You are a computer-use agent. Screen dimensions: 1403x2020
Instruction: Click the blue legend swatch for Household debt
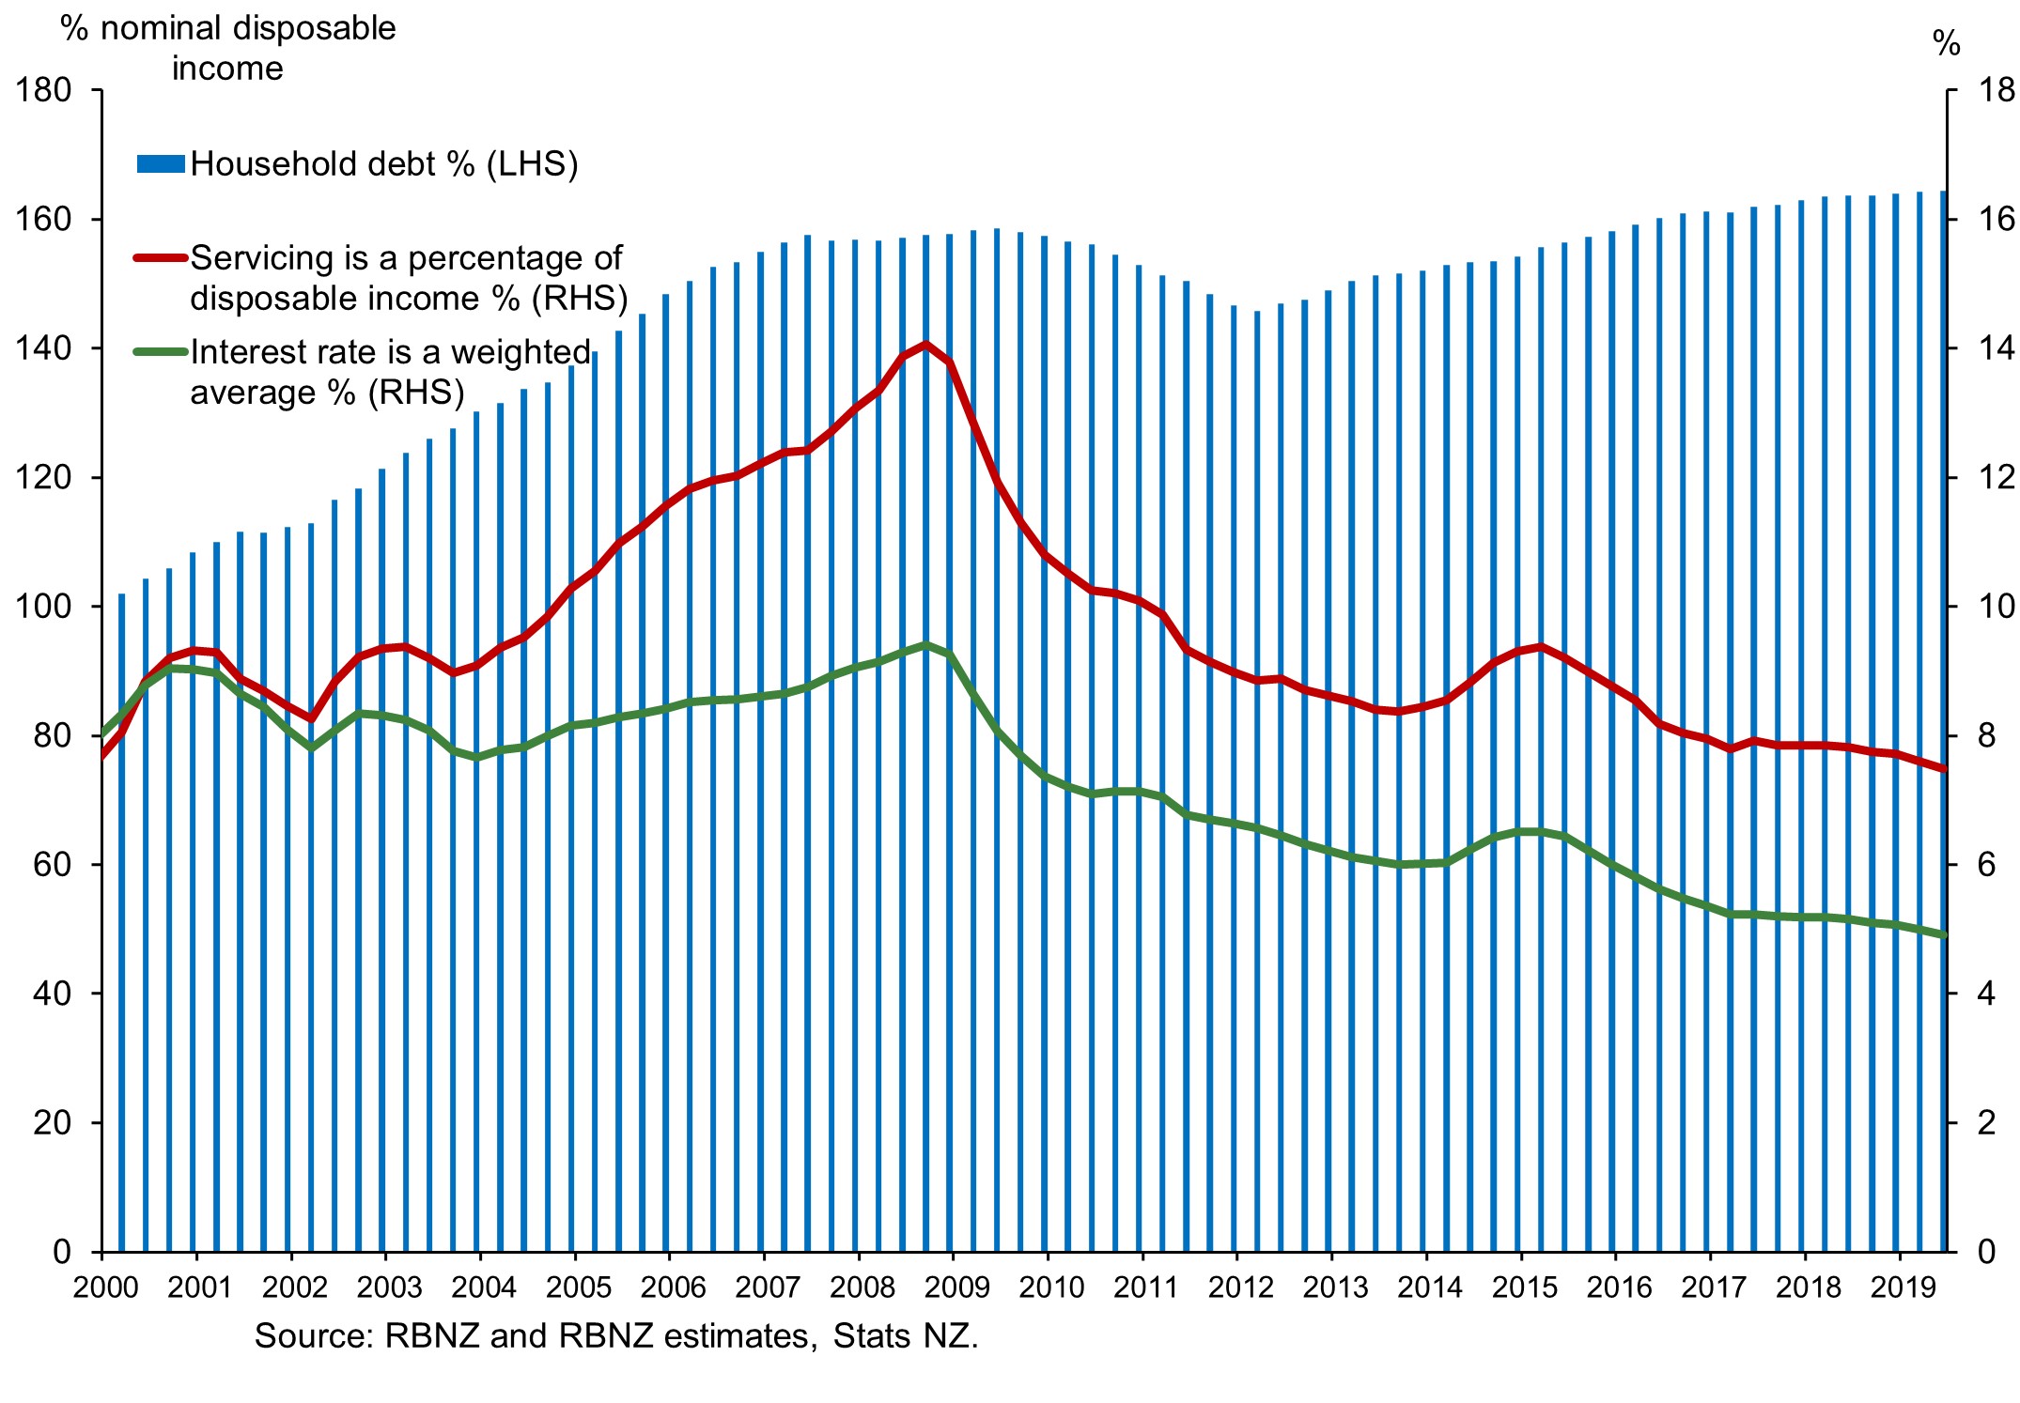coord(161,164)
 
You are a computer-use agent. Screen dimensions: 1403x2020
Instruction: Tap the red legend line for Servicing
coord(161,257)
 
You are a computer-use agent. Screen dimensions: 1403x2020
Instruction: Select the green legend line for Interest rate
coord(161,352)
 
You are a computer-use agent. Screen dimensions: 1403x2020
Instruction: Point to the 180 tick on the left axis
coord(43,91)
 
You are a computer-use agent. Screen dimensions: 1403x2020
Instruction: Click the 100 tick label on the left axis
coord(43,607)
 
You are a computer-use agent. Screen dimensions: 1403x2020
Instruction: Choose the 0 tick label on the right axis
coord(1986,1252)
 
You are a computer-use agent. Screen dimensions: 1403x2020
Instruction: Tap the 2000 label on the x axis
coord(105,1287)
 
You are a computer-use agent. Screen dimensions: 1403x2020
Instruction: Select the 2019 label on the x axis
coord(1903,1287)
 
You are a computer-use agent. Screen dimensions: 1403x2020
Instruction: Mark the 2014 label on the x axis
coord(1429,1287)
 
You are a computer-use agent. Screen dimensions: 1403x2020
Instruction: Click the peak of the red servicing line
coord(926,345)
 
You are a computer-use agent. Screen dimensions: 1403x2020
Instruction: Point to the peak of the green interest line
coord(926,645)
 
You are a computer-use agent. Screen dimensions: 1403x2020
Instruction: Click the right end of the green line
coord(1944,934)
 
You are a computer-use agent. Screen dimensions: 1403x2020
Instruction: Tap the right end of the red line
coord(1944,769)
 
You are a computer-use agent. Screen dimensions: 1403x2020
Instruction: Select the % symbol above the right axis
coord(1946,43)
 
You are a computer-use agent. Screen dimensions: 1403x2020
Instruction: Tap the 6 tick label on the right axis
coord(1986,865)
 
